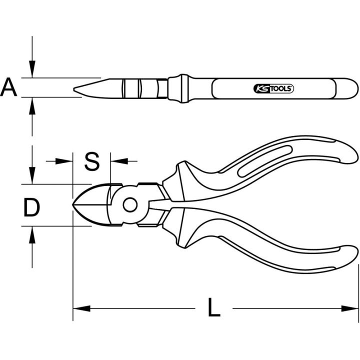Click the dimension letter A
(8, 87)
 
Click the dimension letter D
(31, 208)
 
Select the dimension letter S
(92, 161)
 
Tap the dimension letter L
(214, 307)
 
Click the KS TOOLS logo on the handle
(273, 88)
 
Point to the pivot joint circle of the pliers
(130, 205)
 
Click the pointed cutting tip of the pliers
(73, 204)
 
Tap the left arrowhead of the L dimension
(81, 308)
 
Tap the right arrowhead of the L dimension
(349, 308)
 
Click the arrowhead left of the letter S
(64, 161)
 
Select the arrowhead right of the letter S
(119, 161)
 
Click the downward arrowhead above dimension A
(32, 69)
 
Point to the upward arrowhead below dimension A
(32, 106)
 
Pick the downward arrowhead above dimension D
(32, 175)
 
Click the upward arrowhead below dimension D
(32, 234)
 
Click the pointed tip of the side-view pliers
(74, 89)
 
